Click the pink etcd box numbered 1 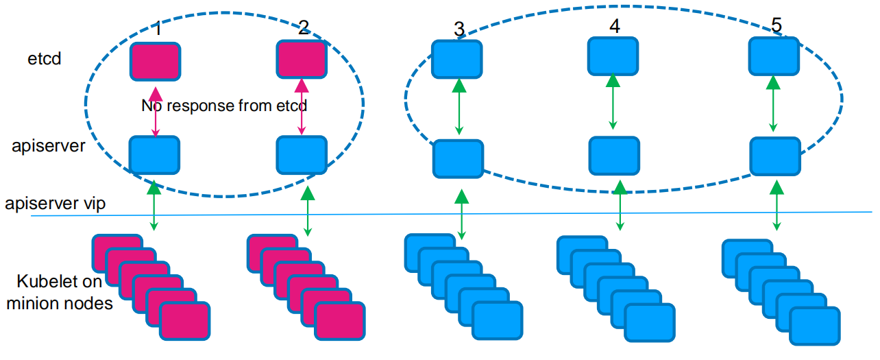click(x=156, y=61)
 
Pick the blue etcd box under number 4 click(x=613, y=56)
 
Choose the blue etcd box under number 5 click(x=774, y=56)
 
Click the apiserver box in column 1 click(x=154, y=155)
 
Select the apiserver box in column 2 click(x=301, y=155)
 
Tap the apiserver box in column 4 click(x=615, y=156)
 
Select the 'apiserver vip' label click(x=55, y=204)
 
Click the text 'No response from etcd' click(x=224, y=106)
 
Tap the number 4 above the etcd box click(x=614, y=26)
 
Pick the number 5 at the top click(x=776, y=25)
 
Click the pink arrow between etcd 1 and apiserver click(x=156, y=112)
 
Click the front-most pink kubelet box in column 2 click(x=340, y=322)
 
